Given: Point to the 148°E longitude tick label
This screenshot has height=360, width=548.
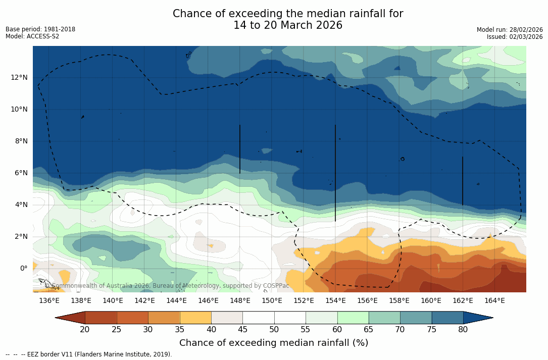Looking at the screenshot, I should click(240, 301).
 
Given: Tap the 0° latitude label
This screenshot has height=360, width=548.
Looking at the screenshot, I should click(23, 268).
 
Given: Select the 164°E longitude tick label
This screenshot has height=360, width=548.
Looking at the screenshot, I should click(494, 301).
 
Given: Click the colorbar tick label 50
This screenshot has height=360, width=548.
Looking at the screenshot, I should click(274, 330).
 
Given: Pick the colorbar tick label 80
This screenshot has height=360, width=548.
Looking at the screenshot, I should click(463, 330).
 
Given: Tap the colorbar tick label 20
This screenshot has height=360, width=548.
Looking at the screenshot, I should click(85, 330).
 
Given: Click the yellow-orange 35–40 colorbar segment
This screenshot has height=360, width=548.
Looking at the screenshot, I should click(195, 318).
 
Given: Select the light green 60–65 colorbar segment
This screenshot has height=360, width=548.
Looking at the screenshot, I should click(353, 318).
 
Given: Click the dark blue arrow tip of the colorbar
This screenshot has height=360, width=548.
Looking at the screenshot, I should click(480, 318).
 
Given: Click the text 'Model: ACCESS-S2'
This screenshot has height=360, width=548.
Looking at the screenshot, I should click(32, 36).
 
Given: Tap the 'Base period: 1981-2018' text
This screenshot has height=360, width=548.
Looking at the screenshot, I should click(40, 29).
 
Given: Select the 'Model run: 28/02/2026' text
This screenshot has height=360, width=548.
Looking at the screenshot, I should click(510, 30).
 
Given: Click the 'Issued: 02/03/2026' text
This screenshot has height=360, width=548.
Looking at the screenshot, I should click(515, 37).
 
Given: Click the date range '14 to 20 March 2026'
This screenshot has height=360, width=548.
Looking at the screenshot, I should click(288, 25).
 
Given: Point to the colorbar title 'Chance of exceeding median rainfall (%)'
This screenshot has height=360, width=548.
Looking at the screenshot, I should click(274, 343).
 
